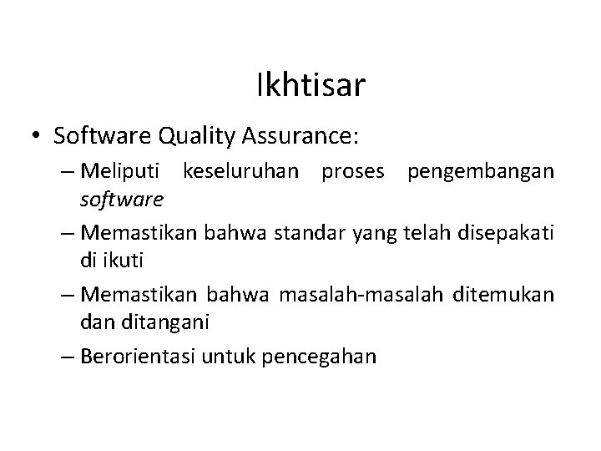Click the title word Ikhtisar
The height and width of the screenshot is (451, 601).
(311, 85)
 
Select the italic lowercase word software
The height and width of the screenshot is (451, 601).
(123, 200)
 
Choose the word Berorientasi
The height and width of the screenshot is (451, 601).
(138, 357)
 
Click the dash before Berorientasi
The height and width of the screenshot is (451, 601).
(68, 357)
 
